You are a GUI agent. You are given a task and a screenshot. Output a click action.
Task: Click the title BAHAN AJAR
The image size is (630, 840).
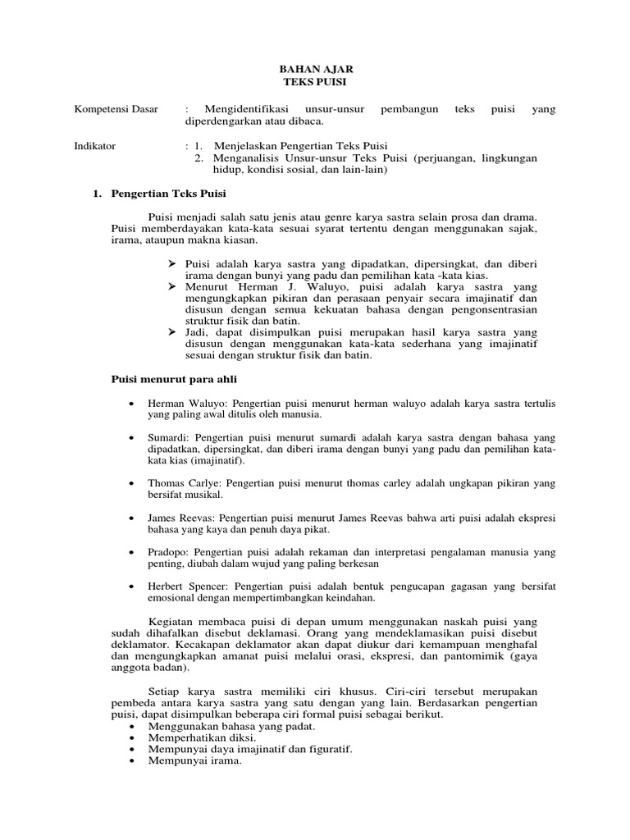(314, 71)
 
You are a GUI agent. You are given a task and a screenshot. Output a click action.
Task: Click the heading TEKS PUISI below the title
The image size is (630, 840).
(314, 83)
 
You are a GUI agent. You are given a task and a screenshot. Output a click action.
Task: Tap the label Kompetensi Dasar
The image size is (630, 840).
(116, 109)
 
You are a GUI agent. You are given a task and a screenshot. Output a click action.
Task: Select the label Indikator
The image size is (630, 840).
(95, 146)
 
